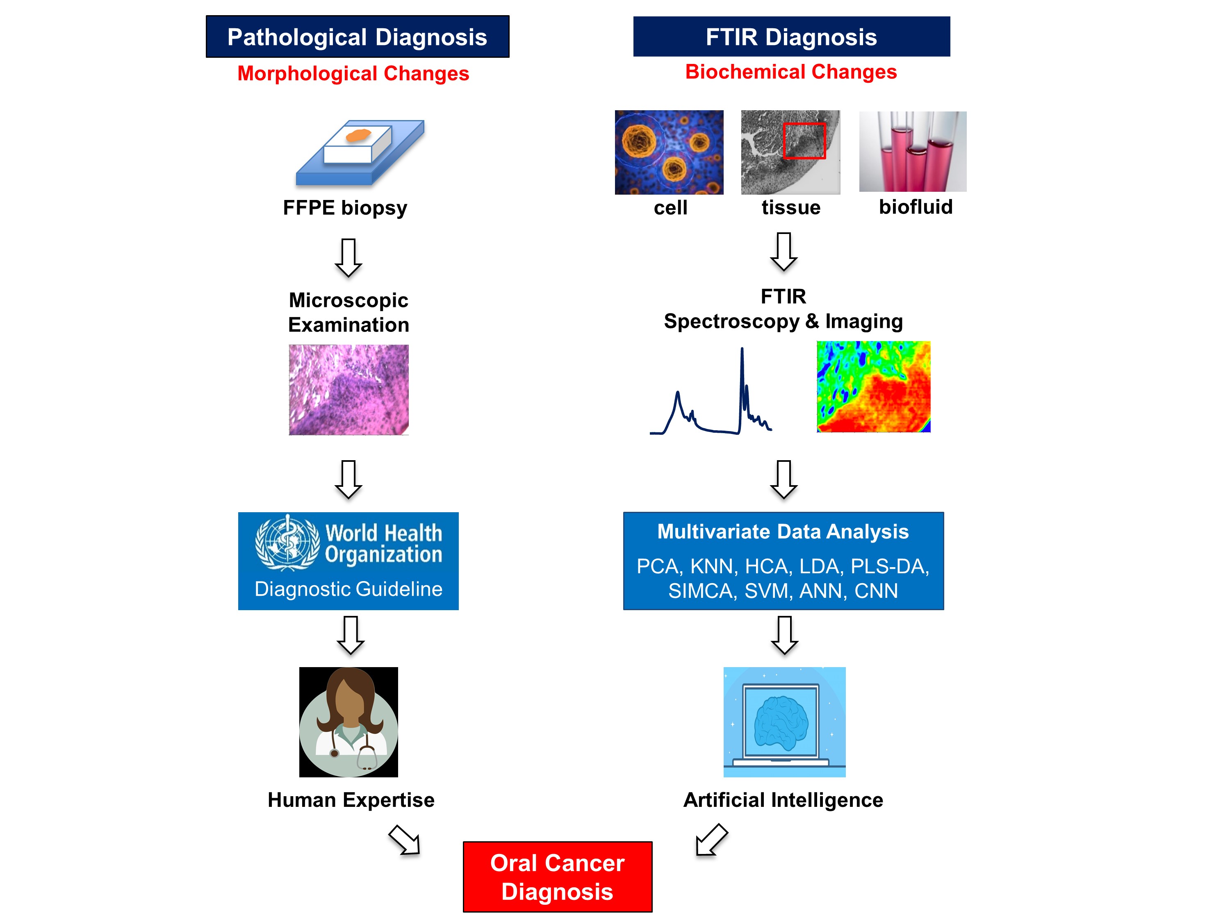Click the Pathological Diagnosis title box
[358, 37]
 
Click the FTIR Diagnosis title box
[791, 37]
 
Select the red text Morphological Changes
[353, 73]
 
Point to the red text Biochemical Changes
[791, 72]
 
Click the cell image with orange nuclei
[669, 152]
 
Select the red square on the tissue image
[804, 141]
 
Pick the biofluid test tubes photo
[913, 151]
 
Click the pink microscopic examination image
[348, 390]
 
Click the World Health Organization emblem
[287, 543]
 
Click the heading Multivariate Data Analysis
[783, 532]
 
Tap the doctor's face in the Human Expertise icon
[348, 702]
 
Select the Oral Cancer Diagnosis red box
[558, 877]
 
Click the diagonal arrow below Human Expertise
[404, 840]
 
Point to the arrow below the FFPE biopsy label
[348, 258]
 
